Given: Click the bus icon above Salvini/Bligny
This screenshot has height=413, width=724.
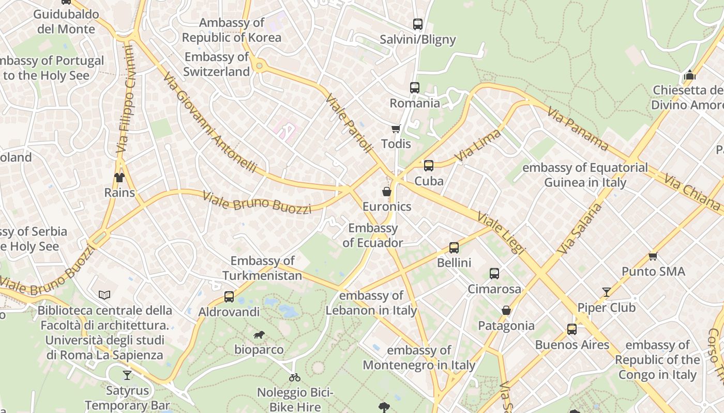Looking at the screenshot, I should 417,24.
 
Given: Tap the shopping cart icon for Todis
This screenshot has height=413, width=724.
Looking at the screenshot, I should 396,129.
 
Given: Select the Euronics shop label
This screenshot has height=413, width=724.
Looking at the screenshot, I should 387,206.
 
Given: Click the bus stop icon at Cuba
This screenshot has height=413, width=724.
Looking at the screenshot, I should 428,166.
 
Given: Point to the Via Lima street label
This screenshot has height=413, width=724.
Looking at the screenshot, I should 478,146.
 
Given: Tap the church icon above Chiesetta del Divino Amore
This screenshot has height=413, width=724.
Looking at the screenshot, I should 689,75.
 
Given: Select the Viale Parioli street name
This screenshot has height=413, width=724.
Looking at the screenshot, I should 349,123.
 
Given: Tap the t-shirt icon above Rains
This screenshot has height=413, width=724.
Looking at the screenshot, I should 119,178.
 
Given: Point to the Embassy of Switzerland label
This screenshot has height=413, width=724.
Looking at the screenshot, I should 217,65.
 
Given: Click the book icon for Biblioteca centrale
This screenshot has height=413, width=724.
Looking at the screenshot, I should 104,295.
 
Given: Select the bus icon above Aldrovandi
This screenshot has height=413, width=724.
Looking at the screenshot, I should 229,297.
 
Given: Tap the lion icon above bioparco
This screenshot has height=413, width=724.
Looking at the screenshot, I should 259,335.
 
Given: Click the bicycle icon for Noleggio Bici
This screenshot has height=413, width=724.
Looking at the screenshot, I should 295,377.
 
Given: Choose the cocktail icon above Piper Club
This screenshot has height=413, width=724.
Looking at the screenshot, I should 606,292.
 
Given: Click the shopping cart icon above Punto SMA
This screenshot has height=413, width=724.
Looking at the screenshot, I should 653,256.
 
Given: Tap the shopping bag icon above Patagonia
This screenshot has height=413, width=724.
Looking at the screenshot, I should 506,310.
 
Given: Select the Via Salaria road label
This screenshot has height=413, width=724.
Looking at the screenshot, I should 580,228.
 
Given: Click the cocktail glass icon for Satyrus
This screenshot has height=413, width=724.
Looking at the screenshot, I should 127,375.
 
